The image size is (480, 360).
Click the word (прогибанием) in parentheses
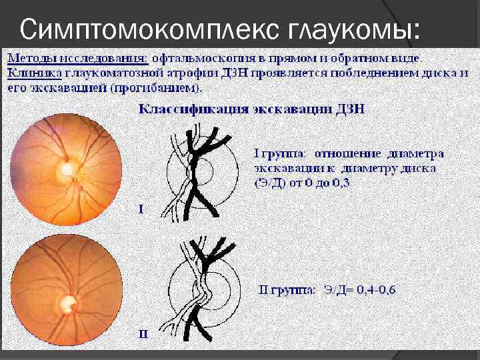(x=162, y=87)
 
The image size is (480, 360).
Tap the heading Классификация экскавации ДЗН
(x=251, y=109)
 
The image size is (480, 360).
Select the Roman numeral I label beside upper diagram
(x=141, y=209)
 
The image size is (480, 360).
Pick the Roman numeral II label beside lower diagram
(x=143, y=333)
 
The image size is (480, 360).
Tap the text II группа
(x=287, y=289)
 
